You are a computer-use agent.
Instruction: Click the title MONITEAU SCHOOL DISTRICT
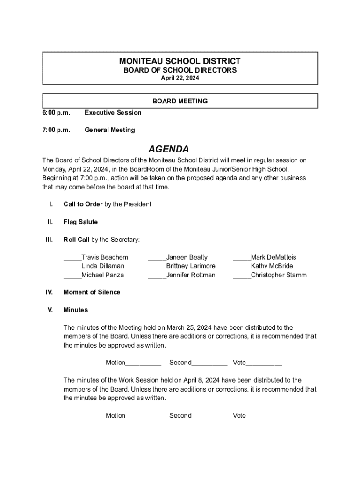[180, 61]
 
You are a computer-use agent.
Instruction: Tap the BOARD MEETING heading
[180, 101]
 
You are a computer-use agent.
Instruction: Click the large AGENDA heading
[168, 149]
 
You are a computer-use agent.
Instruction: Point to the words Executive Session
[113, 113]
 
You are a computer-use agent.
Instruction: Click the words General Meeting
[109, 130]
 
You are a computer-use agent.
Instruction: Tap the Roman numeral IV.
[49, 292]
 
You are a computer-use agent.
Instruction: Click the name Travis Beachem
[104, 257]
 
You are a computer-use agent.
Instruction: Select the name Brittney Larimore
[191, 266]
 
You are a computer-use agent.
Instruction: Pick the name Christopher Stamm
[279, 275]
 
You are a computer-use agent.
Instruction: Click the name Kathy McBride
[272, 266]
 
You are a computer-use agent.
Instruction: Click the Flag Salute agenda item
[80, 222]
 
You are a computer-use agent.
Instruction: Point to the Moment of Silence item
[92, 292]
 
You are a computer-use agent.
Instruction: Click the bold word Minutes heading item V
[75, 310]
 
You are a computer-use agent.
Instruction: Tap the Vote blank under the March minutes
[264, 363]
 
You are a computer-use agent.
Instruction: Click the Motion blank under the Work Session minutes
[143, 416]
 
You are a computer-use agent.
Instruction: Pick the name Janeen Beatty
[187, 257]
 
